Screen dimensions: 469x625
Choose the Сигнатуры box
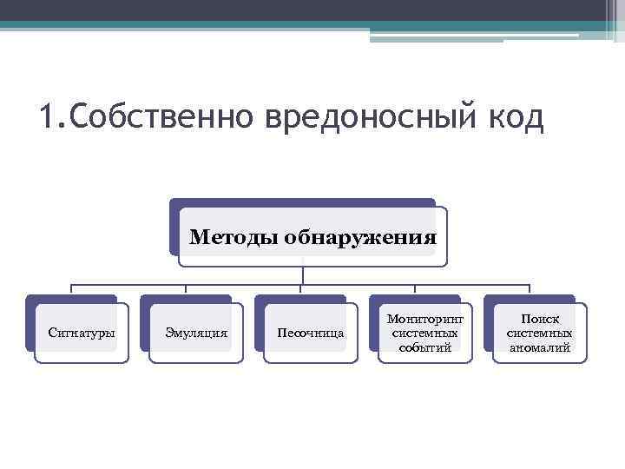tap(82, 333)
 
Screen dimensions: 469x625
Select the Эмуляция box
tap(197, 333)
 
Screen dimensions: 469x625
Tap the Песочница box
tap(310, 333)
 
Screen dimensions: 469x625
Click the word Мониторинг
tap(425, 320)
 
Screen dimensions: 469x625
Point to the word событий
tap(425, 347)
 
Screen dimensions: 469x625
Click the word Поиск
tap(539, 320)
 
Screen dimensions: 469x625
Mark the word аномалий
tap(539, 347)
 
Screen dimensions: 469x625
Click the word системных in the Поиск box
tap(539, 334)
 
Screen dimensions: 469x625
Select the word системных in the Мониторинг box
tap(425, 334)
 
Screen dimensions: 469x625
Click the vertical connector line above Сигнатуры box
tap(71, 290)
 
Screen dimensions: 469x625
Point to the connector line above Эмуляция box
tap(186, 290)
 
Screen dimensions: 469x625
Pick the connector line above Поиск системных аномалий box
tap(530, 290)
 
